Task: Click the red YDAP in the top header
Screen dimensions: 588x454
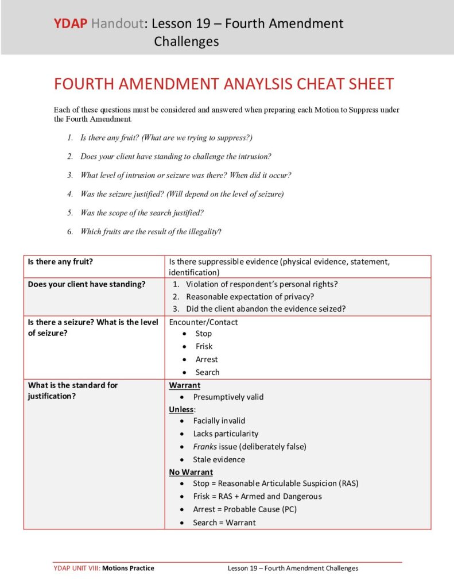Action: tap(71, 24)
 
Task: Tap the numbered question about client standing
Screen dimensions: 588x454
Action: tap(176, 156)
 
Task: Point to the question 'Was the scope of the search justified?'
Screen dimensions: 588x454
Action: tap(142, 212)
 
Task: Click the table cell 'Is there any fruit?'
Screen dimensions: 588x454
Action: tap(60, 262)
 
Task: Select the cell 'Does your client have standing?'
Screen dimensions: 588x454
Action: tap(87, 284)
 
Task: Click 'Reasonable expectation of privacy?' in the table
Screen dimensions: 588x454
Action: tap(250, 296)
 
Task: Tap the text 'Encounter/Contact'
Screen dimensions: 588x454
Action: tap(203, 322)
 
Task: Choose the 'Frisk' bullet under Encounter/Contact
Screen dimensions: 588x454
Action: tap(204, 346)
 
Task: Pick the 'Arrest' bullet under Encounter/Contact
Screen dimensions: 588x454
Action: tap(207, 359)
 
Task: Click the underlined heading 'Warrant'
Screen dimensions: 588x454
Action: tap(184, 385)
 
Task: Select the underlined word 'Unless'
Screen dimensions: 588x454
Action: tap(181, 409)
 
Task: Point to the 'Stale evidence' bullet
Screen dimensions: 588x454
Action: tap(219, 459)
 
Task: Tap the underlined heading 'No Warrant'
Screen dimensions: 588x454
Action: tap(191, 472)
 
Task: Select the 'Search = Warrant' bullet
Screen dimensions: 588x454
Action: tap(224, 523)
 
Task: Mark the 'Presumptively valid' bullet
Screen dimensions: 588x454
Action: tap(228, 397)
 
